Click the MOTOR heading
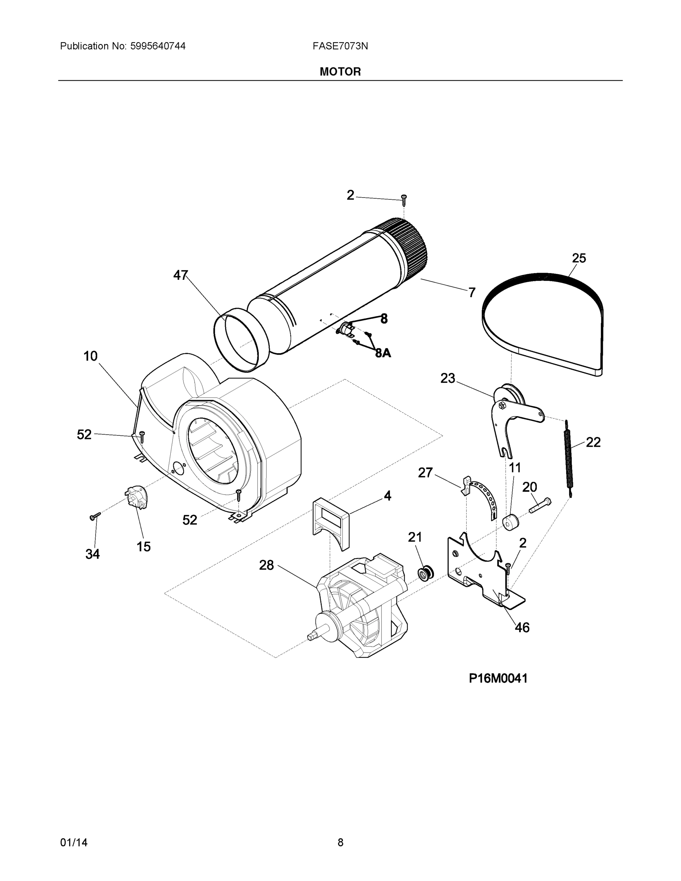click(x=340, y=72)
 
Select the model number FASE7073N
click(x=340, y=46)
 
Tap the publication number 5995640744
click(x=158, y=46)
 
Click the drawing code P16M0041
click(x=498, y=678)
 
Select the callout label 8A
click(x=383, y=353)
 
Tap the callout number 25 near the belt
click(x=579, y=258)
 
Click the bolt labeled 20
click(x=539, y=505)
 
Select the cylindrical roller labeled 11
click(x=510, y=523)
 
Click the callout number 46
click(x=522, y=627)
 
